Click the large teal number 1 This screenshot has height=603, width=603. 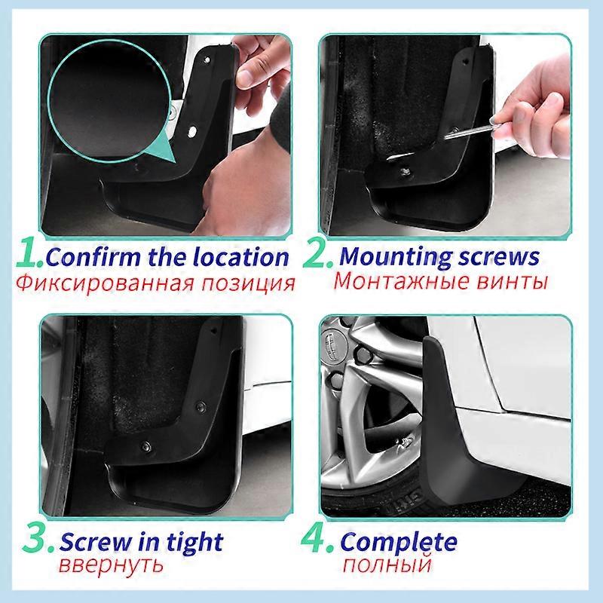tap(28, 255)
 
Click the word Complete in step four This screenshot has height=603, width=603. tap(399, 541)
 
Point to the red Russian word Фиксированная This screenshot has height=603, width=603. tap(106, 284)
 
